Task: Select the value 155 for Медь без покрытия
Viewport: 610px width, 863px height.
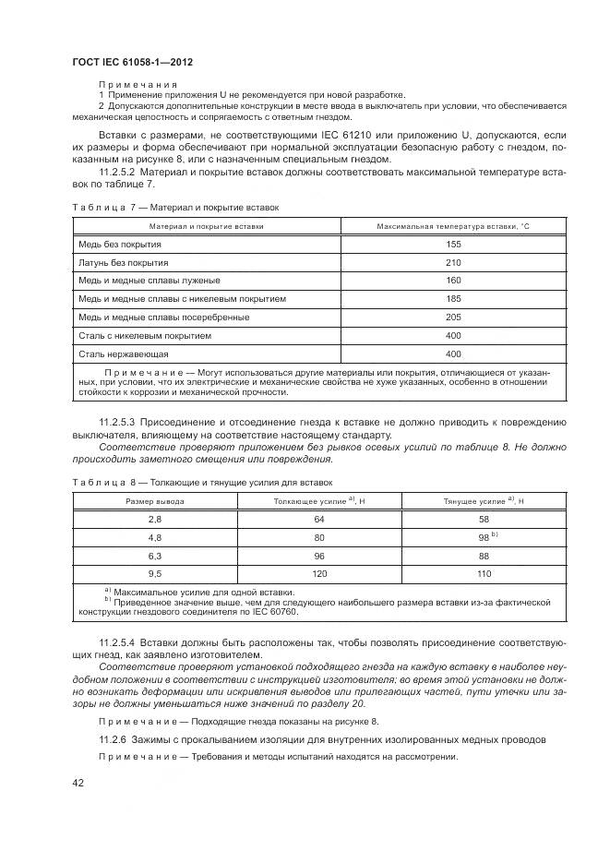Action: (452, 245)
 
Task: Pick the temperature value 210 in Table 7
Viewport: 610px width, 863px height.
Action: (452, 263)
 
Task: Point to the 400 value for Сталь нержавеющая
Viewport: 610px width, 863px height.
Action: (452, 354)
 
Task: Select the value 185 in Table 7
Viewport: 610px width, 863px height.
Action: (452, 299)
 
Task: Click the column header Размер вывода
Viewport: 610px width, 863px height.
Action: (154, 501)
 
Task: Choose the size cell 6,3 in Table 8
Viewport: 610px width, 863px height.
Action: (154, 556)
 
